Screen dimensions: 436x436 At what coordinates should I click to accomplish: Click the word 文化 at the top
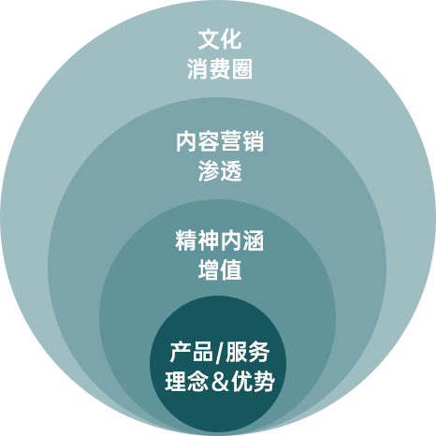220,39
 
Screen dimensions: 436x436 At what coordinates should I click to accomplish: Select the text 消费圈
220,68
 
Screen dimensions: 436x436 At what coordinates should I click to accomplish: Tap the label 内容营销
220,141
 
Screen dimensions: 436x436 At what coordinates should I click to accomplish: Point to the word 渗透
220,171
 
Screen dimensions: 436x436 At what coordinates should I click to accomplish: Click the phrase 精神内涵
220,240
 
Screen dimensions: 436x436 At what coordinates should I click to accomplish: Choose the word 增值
220,270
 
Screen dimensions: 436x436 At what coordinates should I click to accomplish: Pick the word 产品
192,352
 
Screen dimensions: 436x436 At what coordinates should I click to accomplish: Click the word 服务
248,352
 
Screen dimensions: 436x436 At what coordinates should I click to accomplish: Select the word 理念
186,381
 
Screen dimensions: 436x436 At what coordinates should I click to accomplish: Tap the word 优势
253,381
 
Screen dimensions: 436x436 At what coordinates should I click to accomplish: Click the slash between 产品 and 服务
220,353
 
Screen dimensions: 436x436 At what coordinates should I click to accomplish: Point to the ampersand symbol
220,382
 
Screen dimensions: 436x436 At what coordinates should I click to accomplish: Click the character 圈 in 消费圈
242,68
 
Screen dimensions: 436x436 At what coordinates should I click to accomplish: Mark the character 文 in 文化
209,39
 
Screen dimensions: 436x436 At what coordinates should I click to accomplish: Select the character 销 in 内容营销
254,141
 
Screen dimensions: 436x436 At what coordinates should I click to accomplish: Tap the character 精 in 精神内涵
186,240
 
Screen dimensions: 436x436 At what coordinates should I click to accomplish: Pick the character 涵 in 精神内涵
254,240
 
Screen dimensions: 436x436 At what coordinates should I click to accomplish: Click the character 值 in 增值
231,270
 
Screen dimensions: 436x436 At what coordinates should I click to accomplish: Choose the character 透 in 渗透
231,171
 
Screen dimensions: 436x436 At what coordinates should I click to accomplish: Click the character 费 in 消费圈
220,68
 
